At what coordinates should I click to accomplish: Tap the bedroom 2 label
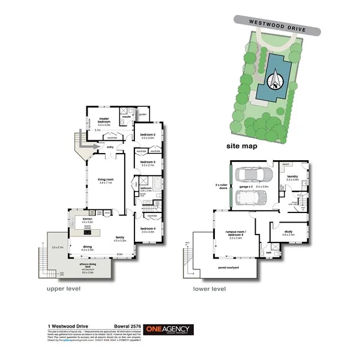click(148, 135)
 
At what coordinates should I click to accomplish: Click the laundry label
click(292, 177)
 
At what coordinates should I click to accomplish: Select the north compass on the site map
click(275, 80)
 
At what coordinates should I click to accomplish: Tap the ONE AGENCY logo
click(173, 329)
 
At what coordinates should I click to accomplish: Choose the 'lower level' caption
click(209, 289)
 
